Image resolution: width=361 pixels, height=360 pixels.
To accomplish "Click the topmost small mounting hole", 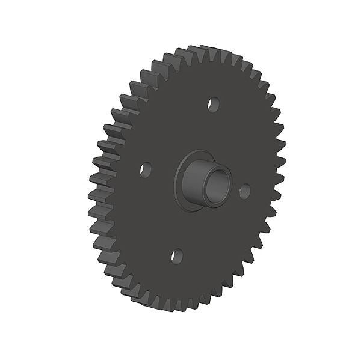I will tap(212, 104).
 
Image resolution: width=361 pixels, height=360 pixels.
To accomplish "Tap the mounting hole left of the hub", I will tap(145, 169).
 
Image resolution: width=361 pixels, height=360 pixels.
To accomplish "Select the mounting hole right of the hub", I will tap(244, 191).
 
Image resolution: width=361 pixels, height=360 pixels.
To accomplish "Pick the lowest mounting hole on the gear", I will tap(176, 257).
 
